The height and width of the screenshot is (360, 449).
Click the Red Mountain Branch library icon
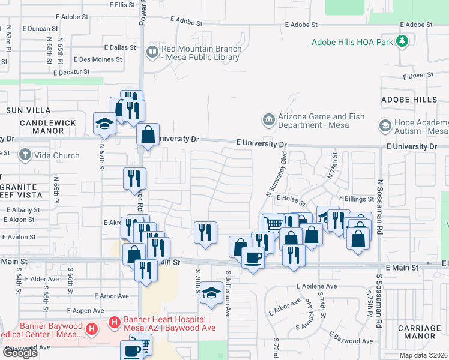tap(152, 53)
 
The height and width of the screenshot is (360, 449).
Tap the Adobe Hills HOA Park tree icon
tap(402, 42)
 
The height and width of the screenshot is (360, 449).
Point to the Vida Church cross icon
tap(25, 155)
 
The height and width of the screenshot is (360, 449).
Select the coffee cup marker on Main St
tap(253, 258)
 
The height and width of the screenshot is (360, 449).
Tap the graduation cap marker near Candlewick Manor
tap(104, 124)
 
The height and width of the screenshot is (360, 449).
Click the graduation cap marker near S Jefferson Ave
tap(211, 293)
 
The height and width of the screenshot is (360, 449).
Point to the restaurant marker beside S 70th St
tap(205, 232)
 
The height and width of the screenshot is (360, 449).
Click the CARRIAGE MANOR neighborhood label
tap(420, 332)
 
